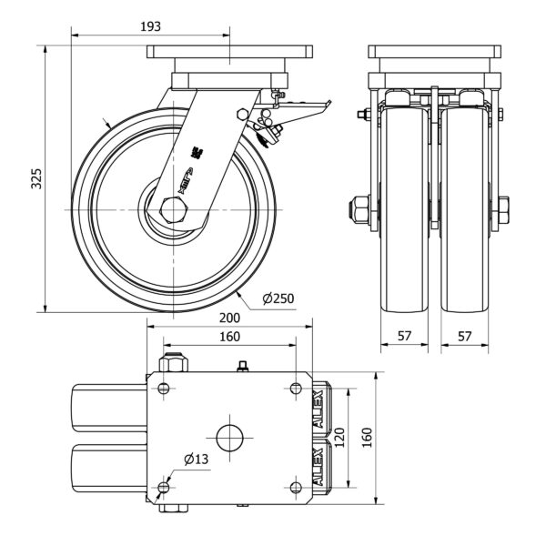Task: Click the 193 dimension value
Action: click(151, 26)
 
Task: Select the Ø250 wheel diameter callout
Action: click(278, 298)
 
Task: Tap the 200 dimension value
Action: click(229, 318)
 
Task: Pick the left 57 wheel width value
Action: click(404, 336)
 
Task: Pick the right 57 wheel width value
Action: click(464, 336)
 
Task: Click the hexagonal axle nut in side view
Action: click(172, 210)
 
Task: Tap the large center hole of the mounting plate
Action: click(229, 438)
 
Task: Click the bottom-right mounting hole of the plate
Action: click(295, 488)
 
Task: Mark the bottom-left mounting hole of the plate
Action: click(164, 488)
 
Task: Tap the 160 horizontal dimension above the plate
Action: click(229, 337)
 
